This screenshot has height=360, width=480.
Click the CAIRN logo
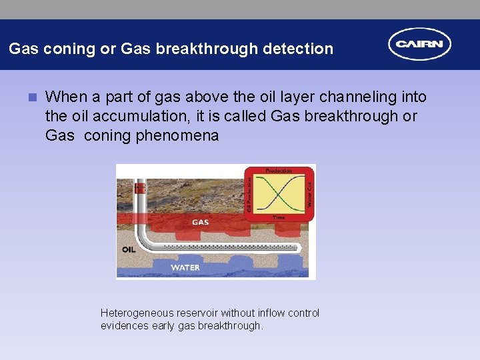click(x=420, y=45)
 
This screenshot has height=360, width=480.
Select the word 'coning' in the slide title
click(x=63, y=49)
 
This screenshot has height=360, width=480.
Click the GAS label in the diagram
click(x=200, y=222)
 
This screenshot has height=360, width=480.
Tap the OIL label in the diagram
click(x=129, y=249)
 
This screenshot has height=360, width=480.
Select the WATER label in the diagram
click(x=185, y=267)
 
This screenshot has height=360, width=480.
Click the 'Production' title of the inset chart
click(x=279, y=171)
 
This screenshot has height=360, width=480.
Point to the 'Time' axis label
click(x=279, y=217)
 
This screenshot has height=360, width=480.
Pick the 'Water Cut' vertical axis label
click(x=309, y=193)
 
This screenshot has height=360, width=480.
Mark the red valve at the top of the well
click(x=140, y=188)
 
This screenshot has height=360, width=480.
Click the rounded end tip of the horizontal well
click(x=302, y=247)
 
